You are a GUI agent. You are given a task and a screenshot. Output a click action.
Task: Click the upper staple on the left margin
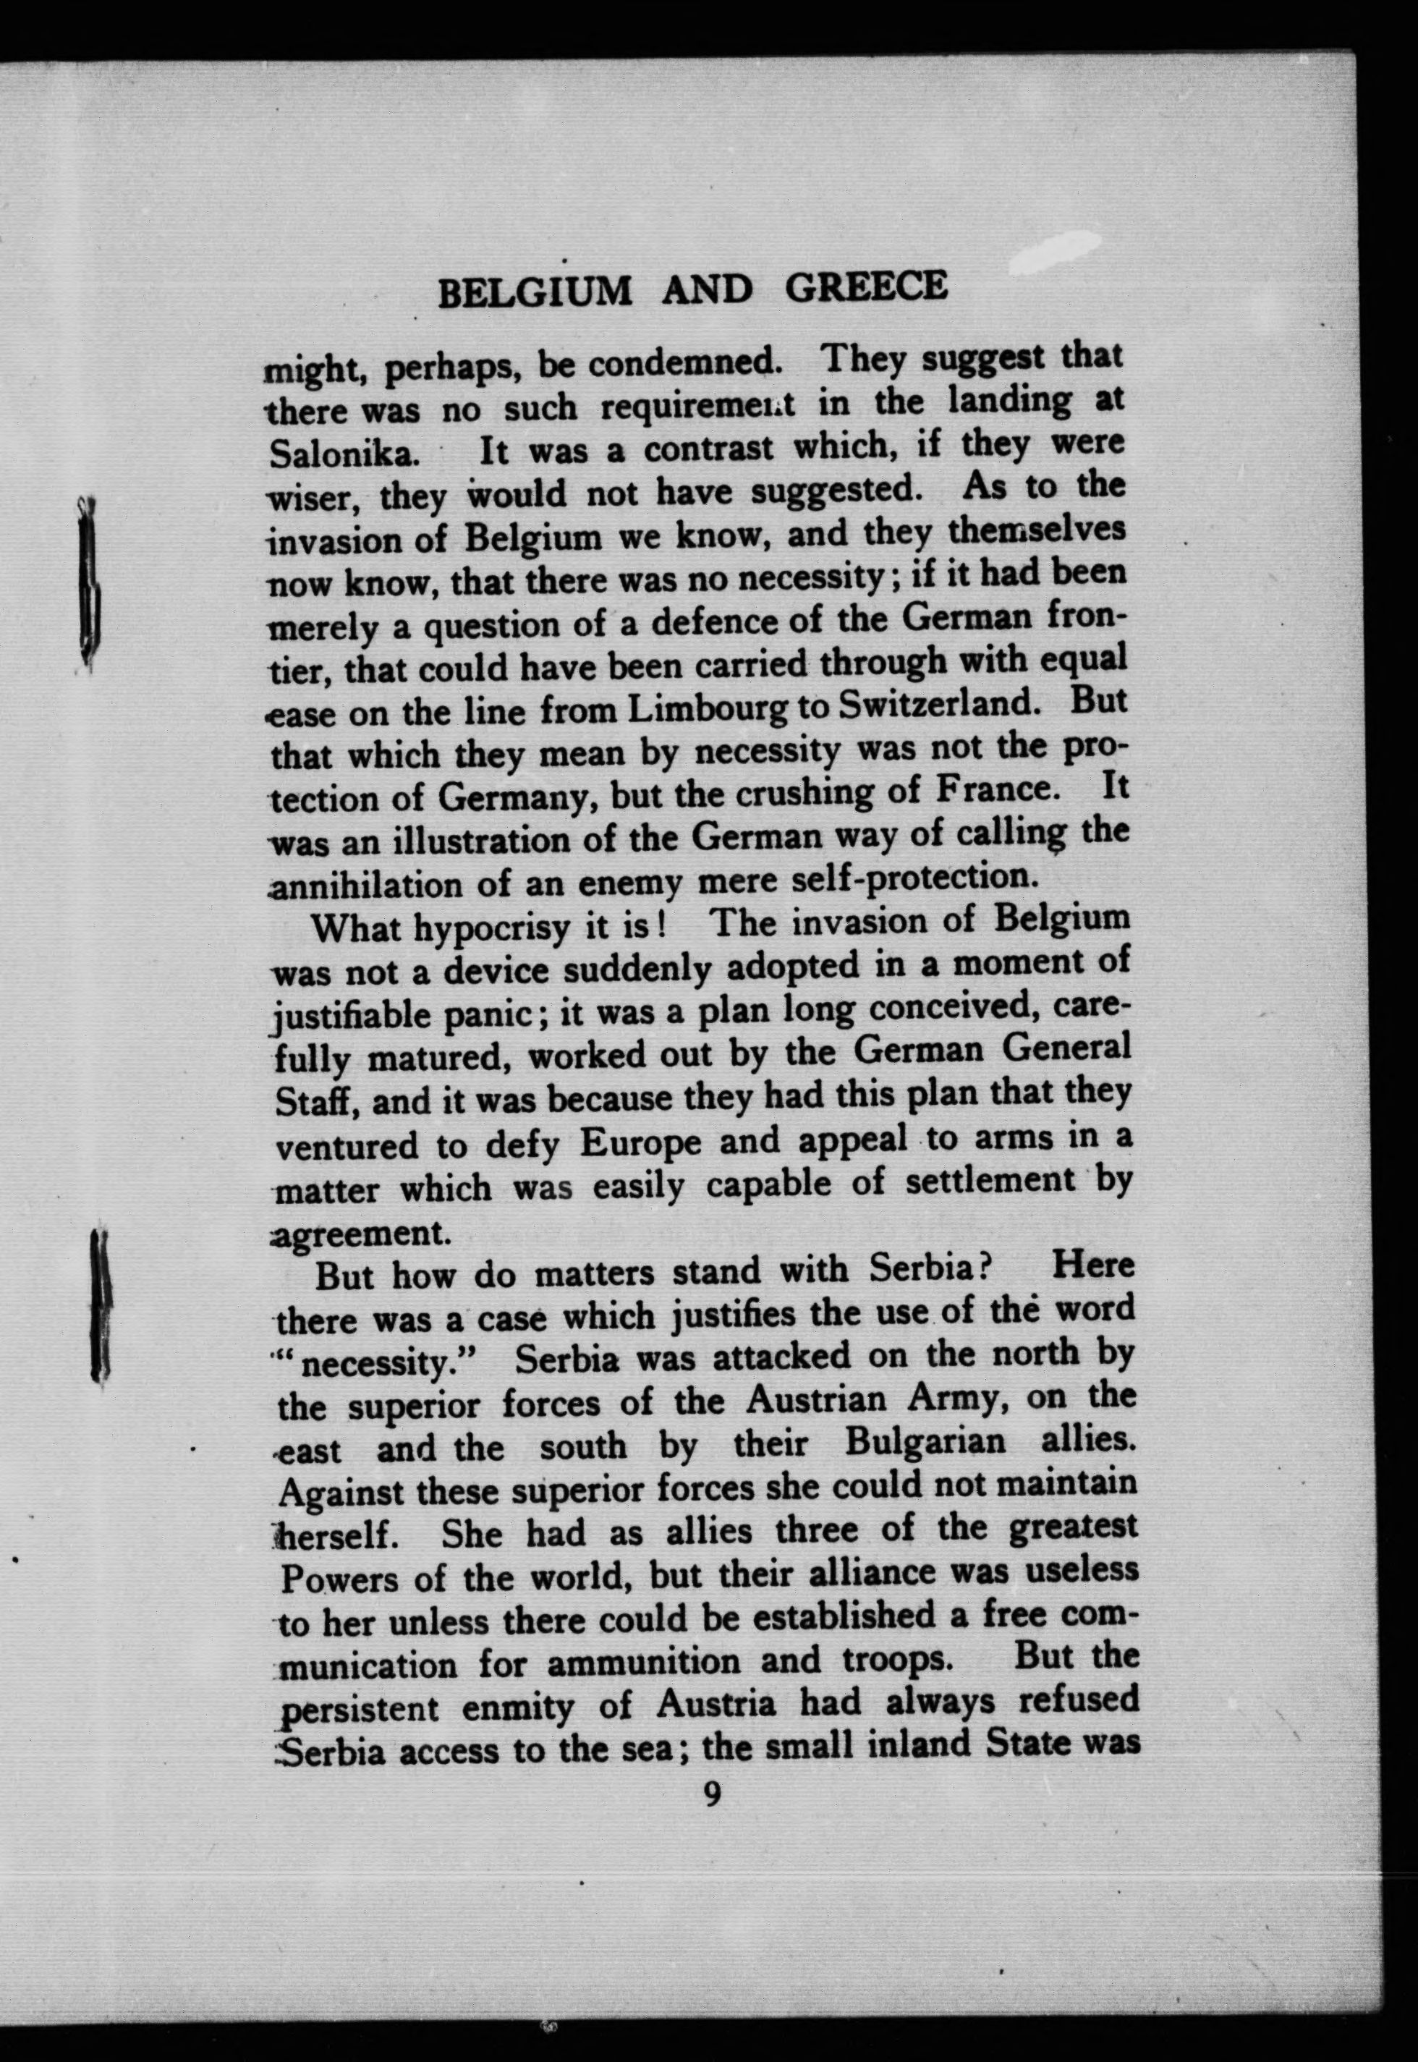point(89,582)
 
